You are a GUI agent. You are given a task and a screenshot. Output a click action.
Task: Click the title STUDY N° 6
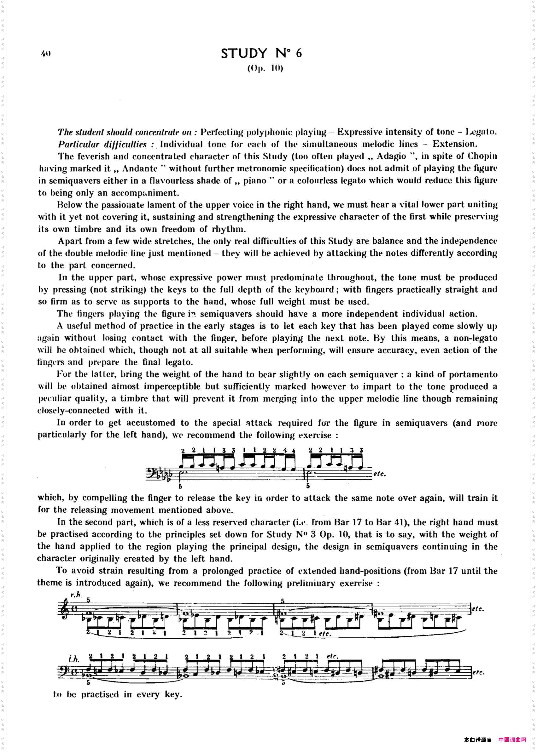[x=261, y=53]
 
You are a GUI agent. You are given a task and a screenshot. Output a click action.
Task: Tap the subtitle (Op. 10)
[x=265, y=68]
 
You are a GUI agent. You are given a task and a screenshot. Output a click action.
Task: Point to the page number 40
[x=46, y=53]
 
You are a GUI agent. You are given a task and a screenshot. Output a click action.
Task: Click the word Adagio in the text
[x=391, y=156]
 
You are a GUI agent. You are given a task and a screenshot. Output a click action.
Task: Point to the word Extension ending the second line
[x=454, y=144]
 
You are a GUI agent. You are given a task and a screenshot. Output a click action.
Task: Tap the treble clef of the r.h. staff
[x=63, y=610]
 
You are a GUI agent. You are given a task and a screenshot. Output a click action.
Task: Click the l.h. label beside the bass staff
[x=74, y=659]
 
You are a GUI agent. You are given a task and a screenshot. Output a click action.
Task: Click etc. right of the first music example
[x=380, y=474]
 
